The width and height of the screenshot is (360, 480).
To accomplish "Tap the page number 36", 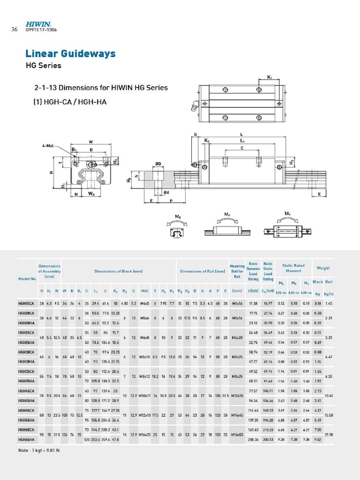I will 14,29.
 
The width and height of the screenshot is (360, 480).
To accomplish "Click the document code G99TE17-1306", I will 41,30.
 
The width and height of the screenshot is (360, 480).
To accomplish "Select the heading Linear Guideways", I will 70,53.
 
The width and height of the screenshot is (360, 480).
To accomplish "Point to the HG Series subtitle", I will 43,66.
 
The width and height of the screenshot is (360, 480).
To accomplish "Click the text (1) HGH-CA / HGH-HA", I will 70,102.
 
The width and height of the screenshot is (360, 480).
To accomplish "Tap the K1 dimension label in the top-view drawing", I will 270,77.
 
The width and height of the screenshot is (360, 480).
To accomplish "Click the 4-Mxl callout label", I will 49,146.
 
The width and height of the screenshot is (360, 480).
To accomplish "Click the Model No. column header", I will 27,279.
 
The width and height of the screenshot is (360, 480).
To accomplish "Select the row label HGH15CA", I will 27,304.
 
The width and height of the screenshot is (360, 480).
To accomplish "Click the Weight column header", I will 322,268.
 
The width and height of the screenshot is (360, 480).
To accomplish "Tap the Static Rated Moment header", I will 293,268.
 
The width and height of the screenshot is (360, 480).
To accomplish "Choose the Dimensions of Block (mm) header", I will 119,271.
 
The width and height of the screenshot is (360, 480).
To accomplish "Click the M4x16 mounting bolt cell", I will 237,304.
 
